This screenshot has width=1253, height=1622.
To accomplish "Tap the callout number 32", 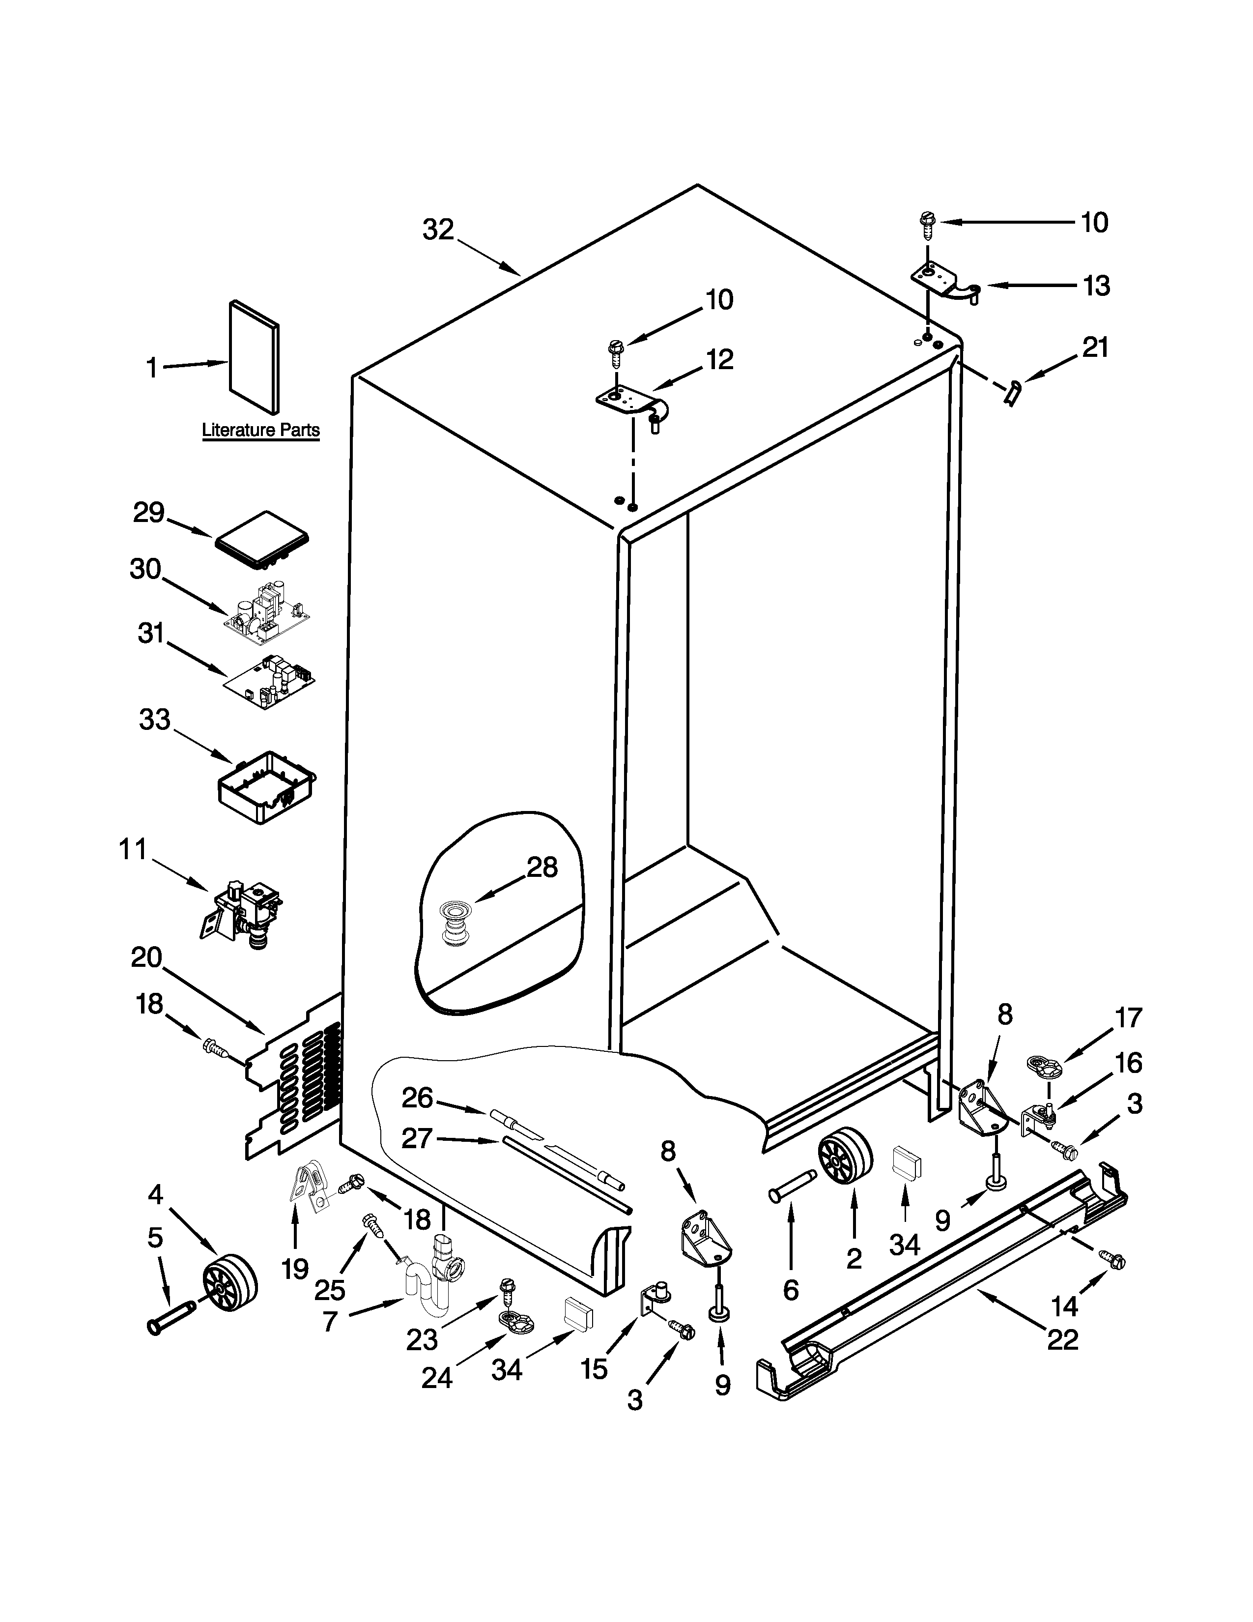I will pyautogui.click(x=438, y=230).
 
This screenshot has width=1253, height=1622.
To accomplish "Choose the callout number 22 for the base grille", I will pyautogui.click(x=1062, y=1340).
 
